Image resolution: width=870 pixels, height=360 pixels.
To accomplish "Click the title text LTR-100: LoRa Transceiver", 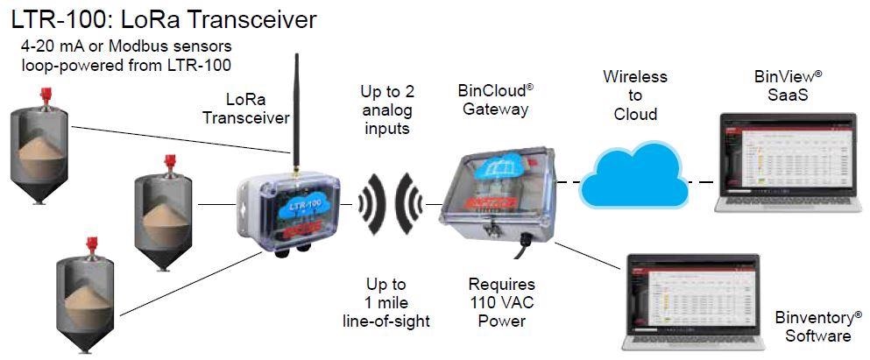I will coord(162,18).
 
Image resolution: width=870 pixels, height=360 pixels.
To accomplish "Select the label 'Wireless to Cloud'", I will coord(635,95).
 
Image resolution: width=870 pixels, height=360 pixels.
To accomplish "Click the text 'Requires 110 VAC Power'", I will coord(501,302).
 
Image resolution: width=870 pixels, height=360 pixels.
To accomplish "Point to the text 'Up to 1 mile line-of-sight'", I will coord(386,302).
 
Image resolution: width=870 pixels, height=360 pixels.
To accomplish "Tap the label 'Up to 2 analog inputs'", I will coord(385,110).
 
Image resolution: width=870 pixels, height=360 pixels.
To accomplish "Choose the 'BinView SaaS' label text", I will coord(788,85).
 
